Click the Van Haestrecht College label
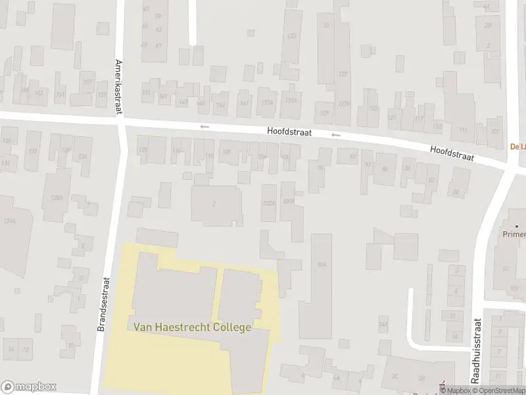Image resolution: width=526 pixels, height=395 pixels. [x=192, y=327]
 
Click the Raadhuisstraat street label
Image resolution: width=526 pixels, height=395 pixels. [x=477, y=351]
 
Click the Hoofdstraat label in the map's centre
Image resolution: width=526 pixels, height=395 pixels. [x=289, y=131]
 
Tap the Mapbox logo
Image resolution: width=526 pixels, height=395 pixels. [x=28, y=387]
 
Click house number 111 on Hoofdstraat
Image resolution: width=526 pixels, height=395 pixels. [x=463, y=129]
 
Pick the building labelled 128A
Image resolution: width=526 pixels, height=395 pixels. [x=57, y=197]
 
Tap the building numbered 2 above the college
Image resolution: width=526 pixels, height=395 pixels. [x=214, y=203]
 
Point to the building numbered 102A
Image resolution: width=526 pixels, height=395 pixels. [x=268, y=203]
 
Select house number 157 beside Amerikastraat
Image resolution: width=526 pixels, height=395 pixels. [x=101, y=95]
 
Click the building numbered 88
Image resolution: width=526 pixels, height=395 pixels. [x=385, y=169]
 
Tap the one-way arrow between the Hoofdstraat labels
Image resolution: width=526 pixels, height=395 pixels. [x=336, y=136]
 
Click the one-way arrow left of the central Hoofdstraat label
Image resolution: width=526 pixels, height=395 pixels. [x=204, y=126]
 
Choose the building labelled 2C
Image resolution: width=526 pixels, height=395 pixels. [x=395, y=376]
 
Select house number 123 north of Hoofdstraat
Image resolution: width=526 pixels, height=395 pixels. [x=373, y=109]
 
